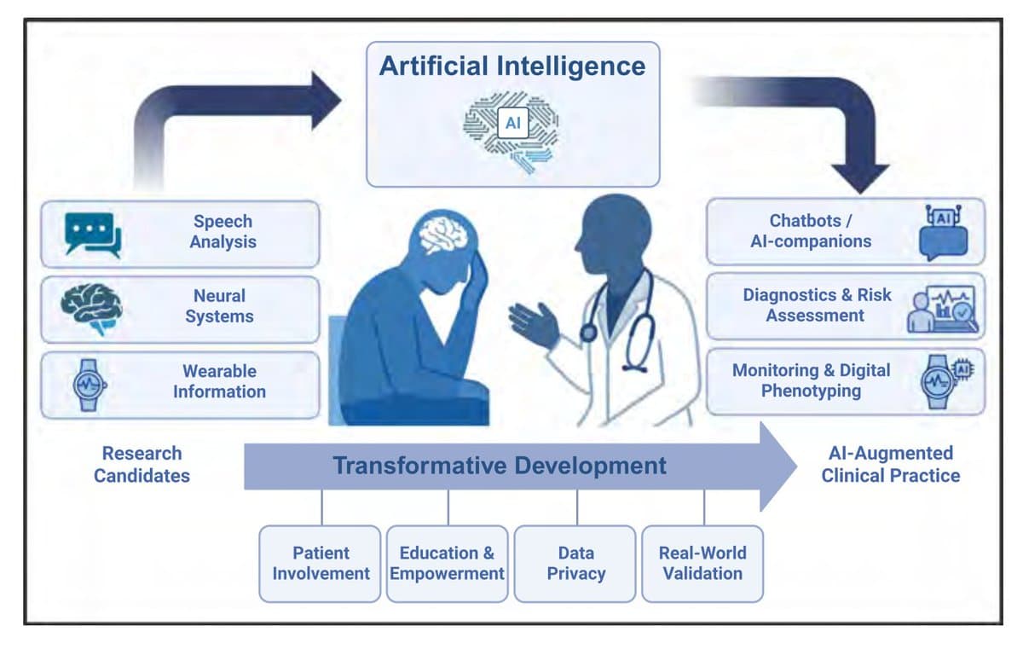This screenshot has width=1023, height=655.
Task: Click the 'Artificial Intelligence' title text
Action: point(512,67)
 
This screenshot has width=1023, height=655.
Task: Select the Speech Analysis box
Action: point(180,233)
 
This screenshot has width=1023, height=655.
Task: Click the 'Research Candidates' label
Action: point(142,464)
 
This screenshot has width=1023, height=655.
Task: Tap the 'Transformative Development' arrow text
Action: point(500,466)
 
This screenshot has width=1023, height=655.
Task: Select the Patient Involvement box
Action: point(321,564)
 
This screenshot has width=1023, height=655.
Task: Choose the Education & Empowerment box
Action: point(447,564)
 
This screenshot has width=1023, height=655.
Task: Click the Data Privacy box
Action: point(575,564)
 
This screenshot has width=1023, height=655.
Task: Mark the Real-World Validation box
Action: point(703,564)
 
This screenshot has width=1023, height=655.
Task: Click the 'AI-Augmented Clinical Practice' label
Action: point(890,464)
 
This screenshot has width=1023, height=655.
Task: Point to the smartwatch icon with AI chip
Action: point(943,380)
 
